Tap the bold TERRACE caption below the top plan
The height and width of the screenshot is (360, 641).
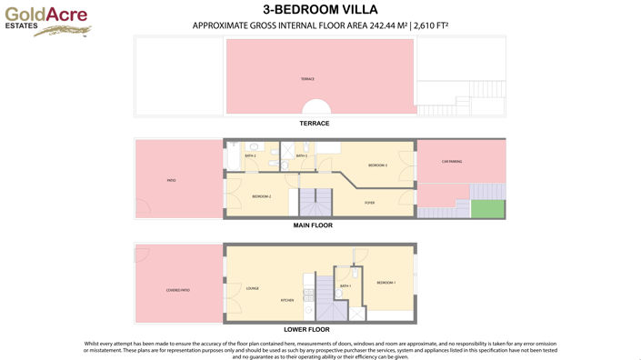(x=314, y=123)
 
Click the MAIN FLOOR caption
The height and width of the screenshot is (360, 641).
(x=314, y=224)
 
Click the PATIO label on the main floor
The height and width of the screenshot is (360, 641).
(x=171, y=181)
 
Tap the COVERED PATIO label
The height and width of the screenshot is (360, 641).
(x=177, y=290)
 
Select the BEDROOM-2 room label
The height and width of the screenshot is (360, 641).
(x=262, y=196)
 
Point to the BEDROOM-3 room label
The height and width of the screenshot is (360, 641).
(x=378, y=165)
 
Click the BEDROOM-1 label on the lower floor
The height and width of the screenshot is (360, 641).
(x=386, y=283)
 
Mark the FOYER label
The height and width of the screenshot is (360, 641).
(x=369, y=203)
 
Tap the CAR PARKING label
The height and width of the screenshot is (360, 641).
(x=452, y=162)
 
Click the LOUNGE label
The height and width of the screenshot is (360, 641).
(x=252, y=288)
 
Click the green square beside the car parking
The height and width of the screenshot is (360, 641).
(x=491, y=208)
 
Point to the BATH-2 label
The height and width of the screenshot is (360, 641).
(x=250, y=156)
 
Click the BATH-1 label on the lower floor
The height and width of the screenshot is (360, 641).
(x=346, y=286)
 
